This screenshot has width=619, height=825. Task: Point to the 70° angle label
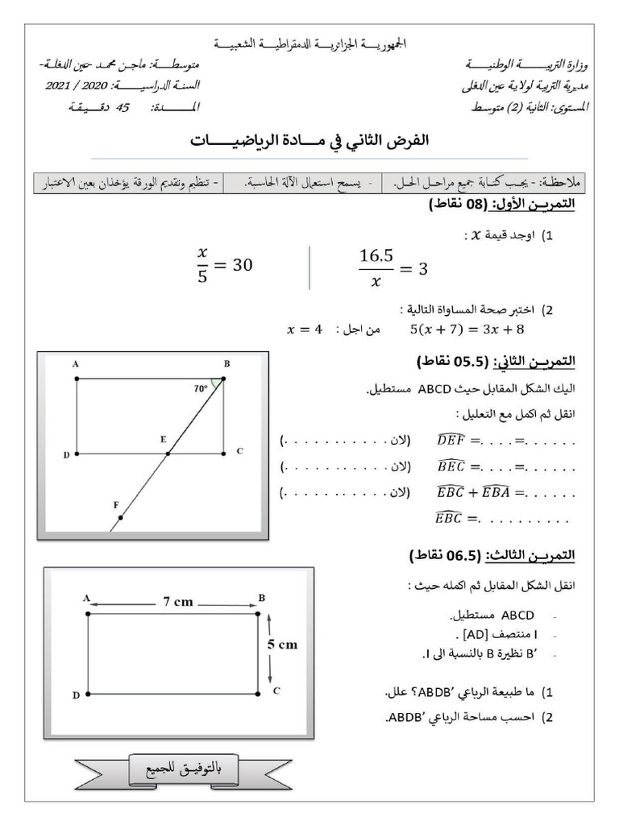(x=201, y=388)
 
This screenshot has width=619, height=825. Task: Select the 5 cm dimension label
(x=283, y=644)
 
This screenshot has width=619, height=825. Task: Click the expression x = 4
(x=305, y=329)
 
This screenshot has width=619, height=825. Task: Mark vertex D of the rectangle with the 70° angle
(x=77, y=454)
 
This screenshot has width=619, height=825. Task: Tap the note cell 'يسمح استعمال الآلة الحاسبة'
(x=303, y=183)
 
